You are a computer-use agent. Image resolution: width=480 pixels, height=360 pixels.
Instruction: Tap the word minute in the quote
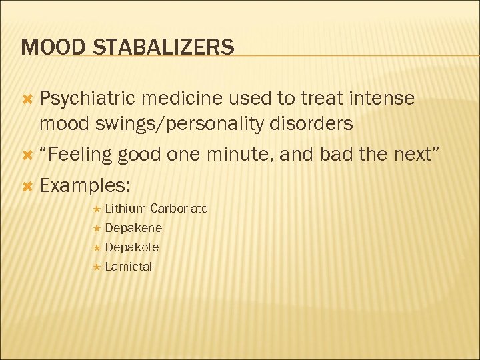pyautogui.click(x=237, y=155)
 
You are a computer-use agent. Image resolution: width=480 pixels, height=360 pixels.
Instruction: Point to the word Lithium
pyautogui.click(x=126, y=209)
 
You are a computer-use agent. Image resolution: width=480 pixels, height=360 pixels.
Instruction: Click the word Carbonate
pyautogui.click(x=179, y=209)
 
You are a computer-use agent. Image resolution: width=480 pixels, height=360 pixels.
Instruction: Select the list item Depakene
pyautogui.click(x=133, y=228)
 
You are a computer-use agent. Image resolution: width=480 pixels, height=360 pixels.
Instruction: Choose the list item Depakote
pyautogui.click(x=132, y=247)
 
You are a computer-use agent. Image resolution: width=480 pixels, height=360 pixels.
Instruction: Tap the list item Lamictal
pyautogui.click(x=129, y=267)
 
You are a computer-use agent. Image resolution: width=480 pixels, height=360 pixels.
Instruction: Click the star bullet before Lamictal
pyautogui.click(x=97, y=267)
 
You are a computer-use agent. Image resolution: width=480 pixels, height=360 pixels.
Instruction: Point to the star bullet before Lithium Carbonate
pyautogui.click(x=97, y=209)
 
